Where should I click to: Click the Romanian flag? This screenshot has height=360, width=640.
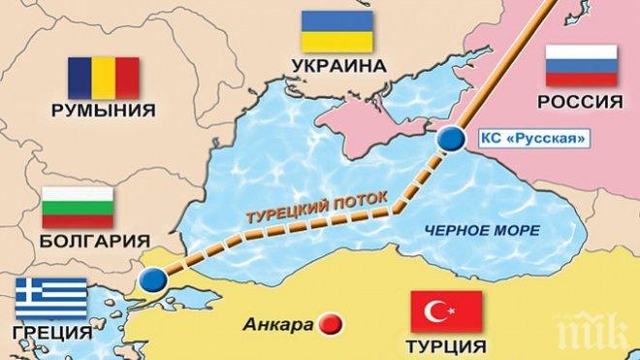(x=103, y=78)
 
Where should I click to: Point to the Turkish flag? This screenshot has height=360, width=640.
(x=447, y=312)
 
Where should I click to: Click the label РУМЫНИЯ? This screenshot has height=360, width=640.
(x=102, y=111)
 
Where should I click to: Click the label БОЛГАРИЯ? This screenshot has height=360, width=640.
(x=82, y=240)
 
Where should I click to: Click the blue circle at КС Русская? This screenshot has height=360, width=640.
(x=450, y=141)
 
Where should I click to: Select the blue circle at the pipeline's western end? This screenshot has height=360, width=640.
(x=151, y=280)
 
